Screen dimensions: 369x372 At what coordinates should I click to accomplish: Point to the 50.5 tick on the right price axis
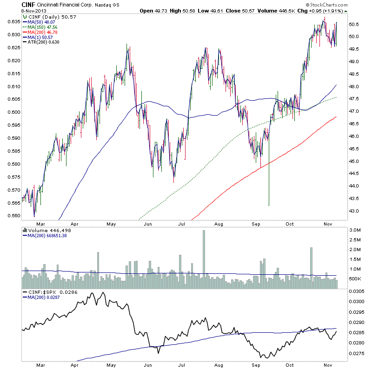pyautogui.click(x=355, y=24)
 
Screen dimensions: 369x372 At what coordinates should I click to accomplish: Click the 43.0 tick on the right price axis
pyautogui.click(x=355, y=211)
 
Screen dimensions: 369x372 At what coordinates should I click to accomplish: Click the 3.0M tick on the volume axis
pyautogui.click(x=355, y=230)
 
